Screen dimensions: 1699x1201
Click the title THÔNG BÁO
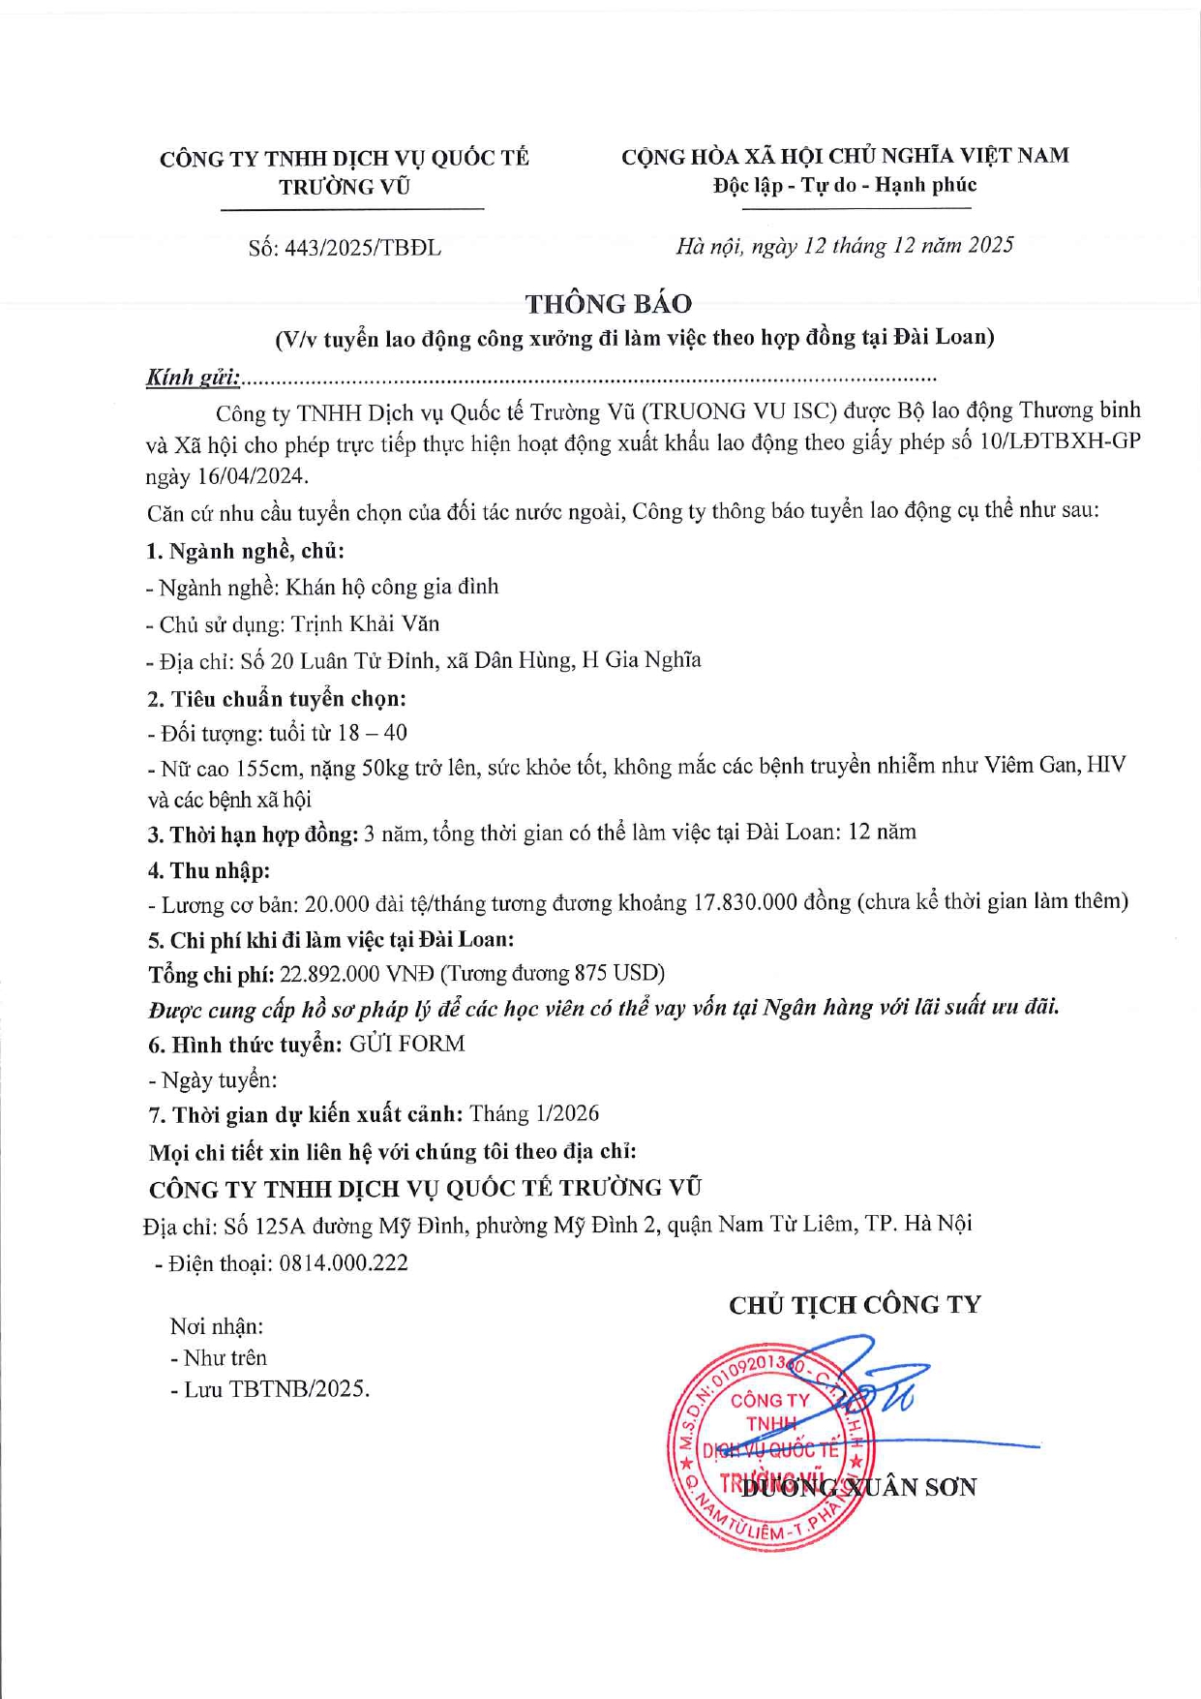[x=608, y=304]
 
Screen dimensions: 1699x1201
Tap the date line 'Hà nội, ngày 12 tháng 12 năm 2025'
[x=844, y=246]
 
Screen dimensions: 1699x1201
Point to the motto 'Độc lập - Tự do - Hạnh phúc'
[x=845, y=185]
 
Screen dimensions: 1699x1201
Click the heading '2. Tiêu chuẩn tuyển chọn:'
[x=277, y=698]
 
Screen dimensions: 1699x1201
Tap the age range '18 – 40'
[x=372, y=733]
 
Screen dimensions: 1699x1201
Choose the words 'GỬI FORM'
[x=406, y=1044]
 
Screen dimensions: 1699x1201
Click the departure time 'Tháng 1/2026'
[x=534, y=1114]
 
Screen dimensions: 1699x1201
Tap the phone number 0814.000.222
[x=344, y=1263]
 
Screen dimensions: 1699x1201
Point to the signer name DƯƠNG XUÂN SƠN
[x=858, y=1488]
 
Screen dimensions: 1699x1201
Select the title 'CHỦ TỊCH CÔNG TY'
[x=855, y=1305]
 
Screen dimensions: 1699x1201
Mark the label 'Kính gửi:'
[x=193, y=378]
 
